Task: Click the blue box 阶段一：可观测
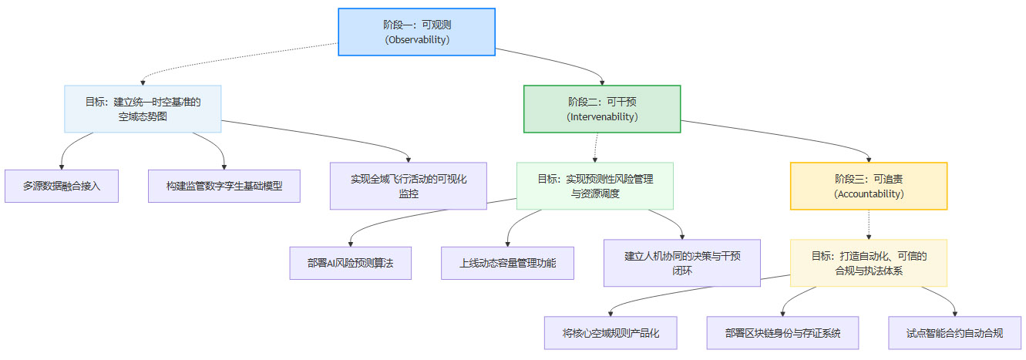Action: coord(417,32)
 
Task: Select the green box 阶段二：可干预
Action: coord(602,109)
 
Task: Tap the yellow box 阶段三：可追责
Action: coord(869,186)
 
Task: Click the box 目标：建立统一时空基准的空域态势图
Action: coord(143,109)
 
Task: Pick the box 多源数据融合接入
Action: coord(62,186)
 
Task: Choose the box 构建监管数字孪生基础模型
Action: coord(224,186)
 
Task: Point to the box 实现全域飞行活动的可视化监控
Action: coord(409,186)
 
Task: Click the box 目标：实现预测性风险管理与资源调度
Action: coord(595,186)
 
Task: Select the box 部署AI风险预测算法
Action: coord(350,263)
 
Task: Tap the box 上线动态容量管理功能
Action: coord(508,263)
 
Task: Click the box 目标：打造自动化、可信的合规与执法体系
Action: coord(869,263)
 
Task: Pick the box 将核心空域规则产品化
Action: coord(610,333)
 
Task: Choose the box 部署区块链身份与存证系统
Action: coord(782,333)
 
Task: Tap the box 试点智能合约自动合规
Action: coord(955,333)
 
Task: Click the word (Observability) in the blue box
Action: coord(417,39)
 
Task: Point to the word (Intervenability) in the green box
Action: coord(602,117)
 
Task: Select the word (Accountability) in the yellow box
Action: coord(869,194)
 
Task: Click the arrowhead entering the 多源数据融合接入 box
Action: coord(62,166)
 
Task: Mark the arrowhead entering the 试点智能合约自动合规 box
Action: coord(955,313)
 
